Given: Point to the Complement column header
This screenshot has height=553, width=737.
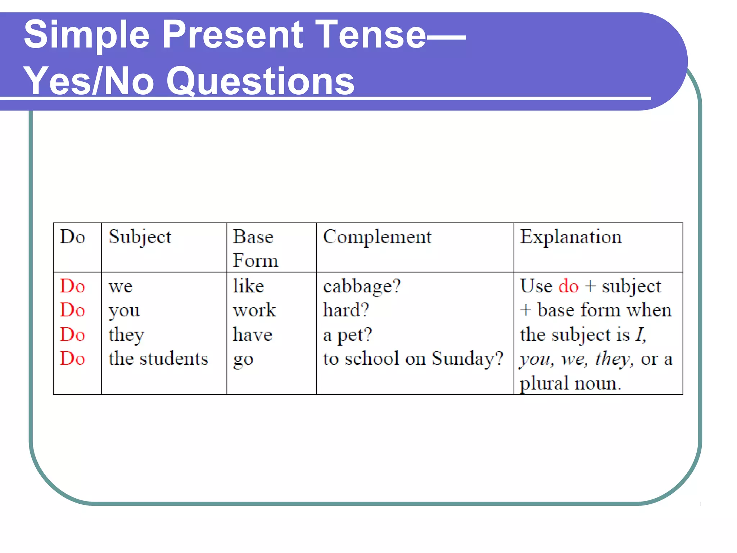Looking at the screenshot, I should pyautogui.click(x=377, y=237).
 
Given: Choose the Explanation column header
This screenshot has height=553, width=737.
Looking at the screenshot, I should pyautogui.click(x=571, y=237).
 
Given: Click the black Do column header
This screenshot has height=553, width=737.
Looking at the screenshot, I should pyautogui.click(x=72, y=237).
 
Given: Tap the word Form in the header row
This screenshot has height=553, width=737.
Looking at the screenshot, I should pyautogui.click(x=256, y=261).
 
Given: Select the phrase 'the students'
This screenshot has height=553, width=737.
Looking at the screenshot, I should pyautogui.click(x=158, y=359).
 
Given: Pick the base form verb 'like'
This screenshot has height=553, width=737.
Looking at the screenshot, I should pyautogui.click(x=249, y=286).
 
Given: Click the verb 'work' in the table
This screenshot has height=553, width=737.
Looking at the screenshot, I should pyautogui.click(x=254, y=310).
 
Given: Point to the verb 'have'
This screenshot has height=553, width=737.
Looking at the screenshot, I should pyautogui.click(x=253, y=334).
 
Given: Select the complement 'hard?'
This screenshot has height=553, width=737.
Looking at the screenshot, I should pyautogui.click(x=346, y=310).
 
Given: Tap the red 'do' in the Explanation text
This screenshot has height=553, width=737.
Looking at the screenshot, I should pyautogui.click(x=568, y=286).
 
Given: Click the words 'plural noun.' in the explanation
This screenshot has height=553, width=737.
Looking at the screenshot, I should pyautogui.click(x=570, y=383).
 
